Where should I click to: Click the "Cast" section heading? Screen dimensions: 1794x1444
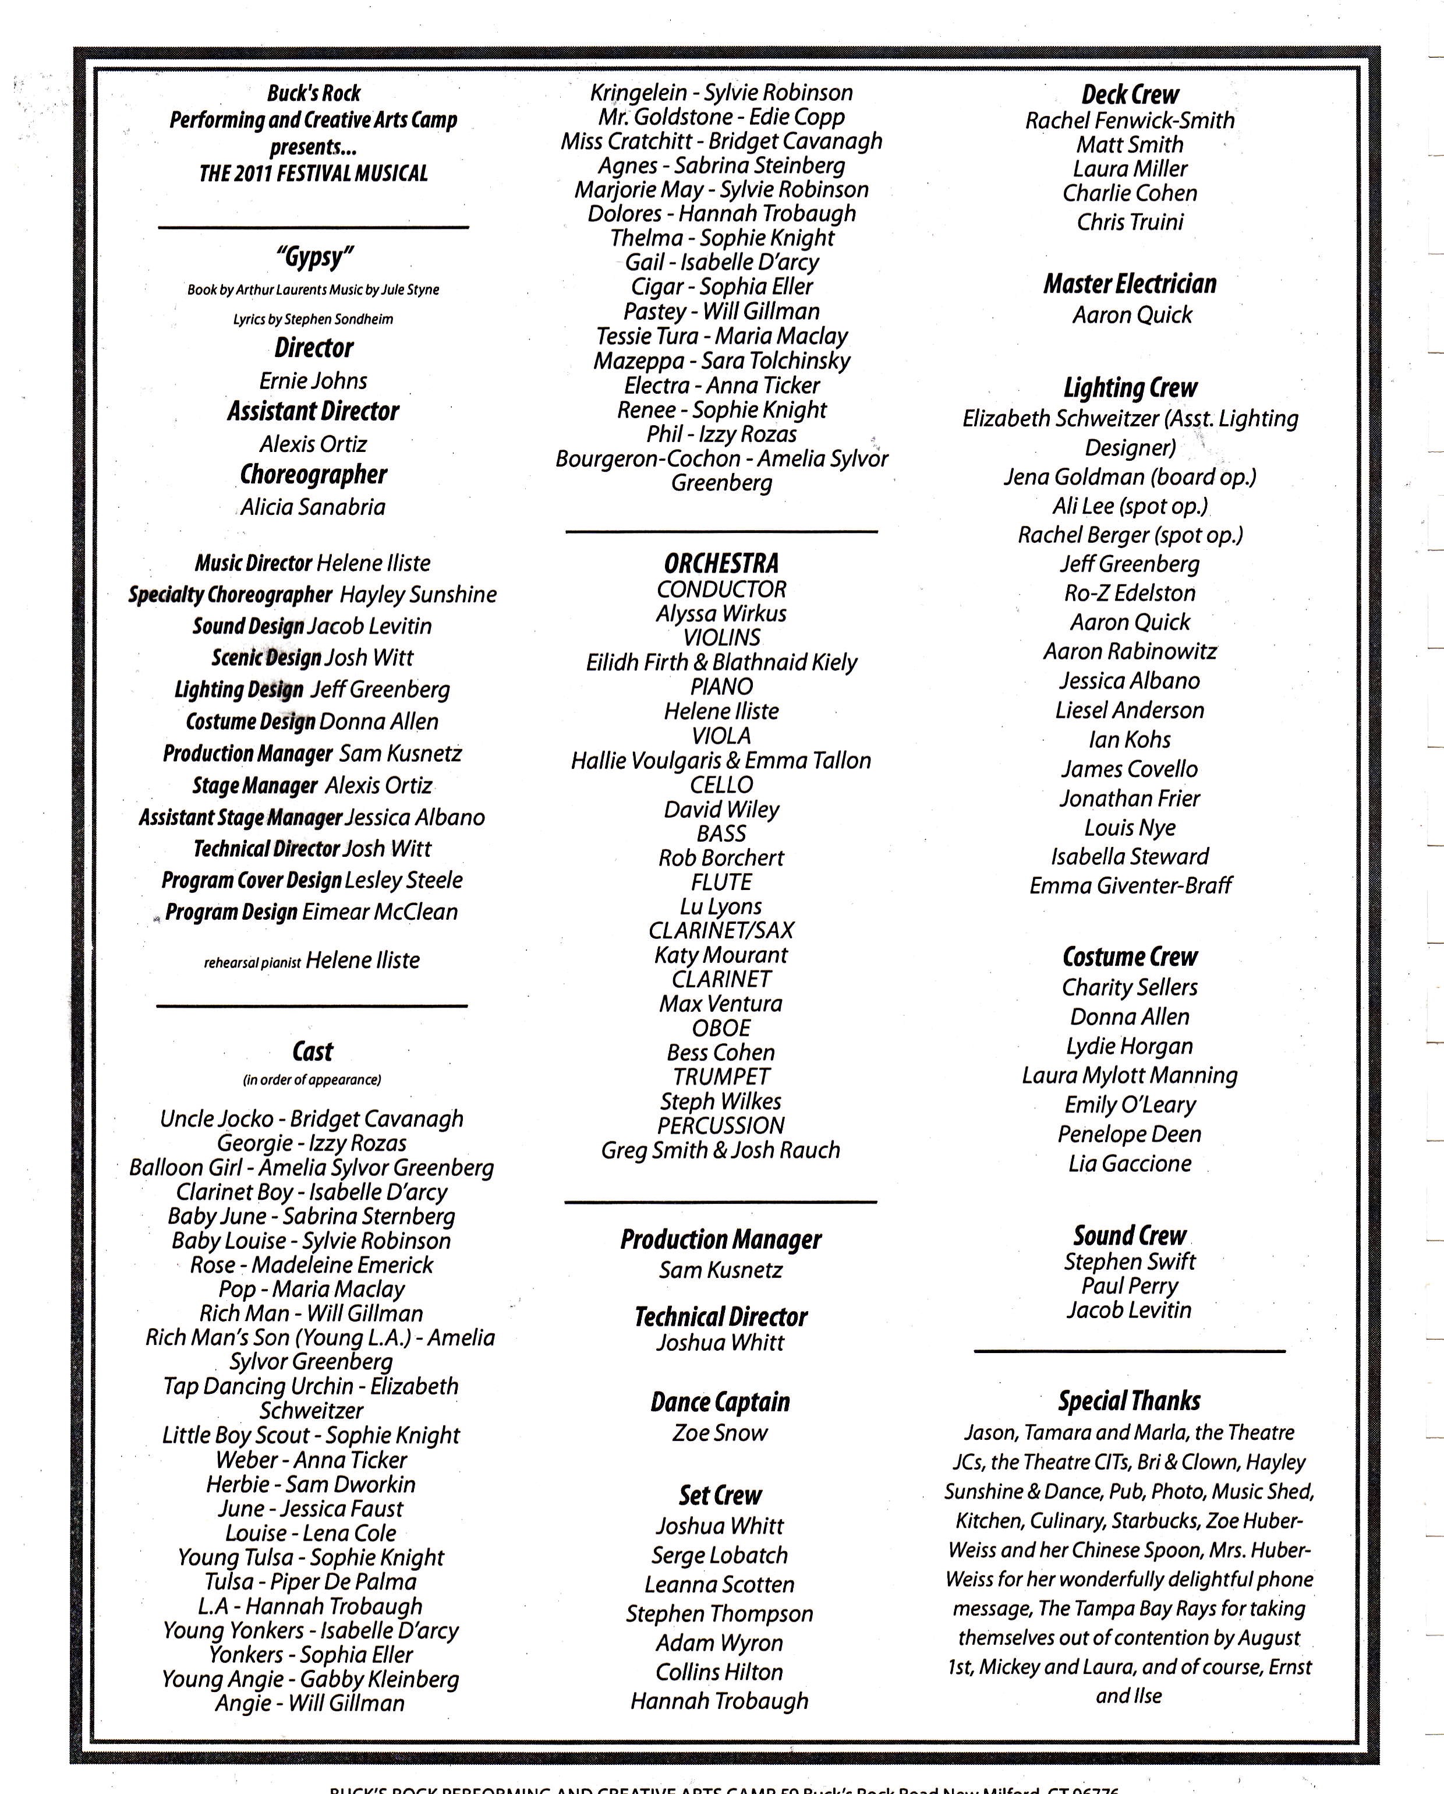point(313,1052)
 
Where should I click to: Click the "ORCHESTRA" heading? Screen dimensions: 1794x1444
point(721,564)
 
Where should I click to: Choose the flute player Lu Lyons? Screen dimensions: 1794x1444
point(721,906)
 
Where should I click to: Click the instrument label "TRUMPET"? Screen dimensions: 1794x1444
point(721,1077)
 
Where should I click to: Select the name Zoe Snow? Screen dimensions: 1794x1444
point(720,1433)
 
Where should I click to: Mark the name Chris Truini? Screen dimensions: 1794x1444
point(1130,222)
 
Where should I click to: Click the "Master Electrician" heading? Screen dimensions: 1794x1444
point(1130,285)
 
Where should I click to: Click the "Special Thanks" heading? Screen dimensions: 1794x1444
point(1129,1401)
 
